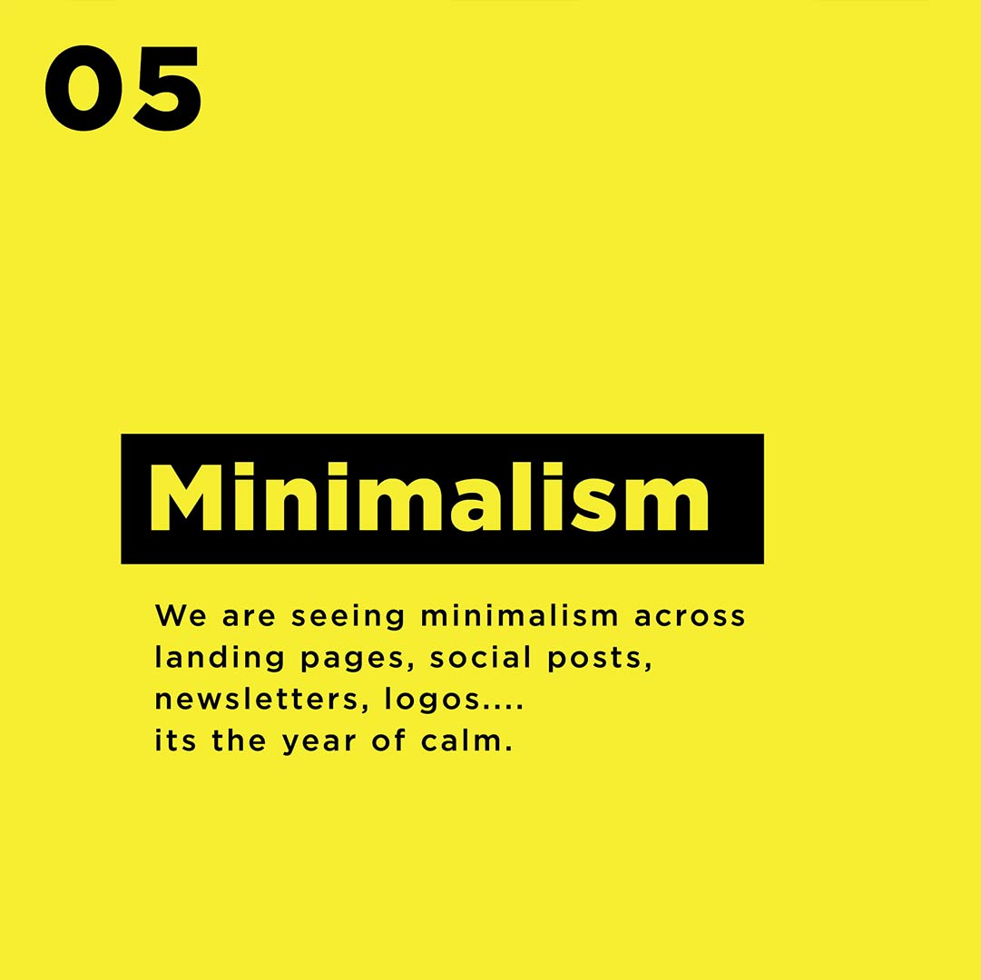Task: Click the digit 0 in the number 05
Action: [84, 88]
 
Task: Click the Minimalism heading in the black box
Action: [428, 497]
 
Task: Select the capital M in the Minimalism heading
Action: [186, 498]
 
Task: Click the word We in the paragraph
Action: [181, 615]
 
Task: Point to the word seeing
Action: [348, 617]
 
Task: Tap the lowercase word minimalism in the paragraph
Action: [519, 615]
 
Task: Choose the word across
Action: [690, 617]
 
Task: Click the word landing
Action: [219, 659]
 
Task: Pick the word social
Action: [480, 657]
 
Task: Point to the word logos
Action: [432, 701]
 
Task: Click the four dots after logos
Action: [503, 708]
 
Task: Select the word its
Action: [174, 740]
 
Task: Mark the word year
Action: [319, 743]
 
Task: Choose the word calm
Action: [462, 740]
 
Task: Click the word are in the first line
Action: [249, 617]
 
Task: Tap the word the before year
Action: [239, 740]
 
